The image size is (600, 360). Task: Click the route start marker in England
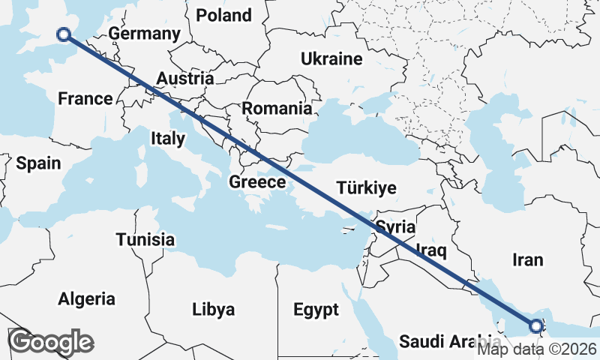[64, 34]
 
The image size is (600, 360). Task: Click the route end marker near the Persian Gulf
[536, 326]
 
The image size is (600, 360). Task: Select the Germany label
[144, 34]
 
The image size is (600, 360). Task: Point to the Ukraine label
[331, 59]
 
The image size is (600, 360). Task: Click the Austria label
[184, 78]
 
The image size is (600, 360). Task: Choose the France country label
[85, 98]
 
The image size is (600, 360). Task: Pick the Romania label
[276, 108]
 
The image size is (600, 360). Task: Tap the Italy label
[167, 138]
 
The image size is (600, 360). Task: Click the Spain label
[38, 163]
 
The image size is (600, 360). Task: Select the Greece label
[257, 181]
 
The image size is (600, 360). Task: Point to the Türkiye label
[366, 187]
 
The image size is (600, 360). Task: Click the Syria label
[394, 226]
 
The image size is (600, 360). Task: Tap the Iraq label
[430, 250]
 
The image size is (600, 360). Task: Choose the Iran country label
[527, 259]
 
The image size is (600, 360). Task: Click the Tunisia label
[145, 240]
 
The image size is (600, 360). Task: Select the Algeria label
[87, 298]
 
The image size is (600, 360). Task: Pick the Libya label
[213, 309]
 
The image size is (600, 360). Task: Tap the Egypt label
[316, 309]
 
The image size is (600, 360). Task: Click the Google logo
[50, 342]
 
